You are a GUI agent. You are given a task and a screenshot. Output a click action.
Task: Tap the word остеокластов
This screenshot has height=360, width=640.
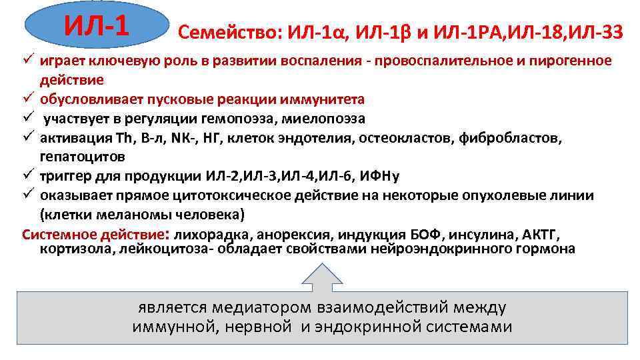click(x=397, y=138)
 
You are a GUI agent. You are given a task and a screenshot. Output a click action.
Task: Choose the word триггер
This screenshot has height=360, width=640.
click(x=64, y=176)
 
